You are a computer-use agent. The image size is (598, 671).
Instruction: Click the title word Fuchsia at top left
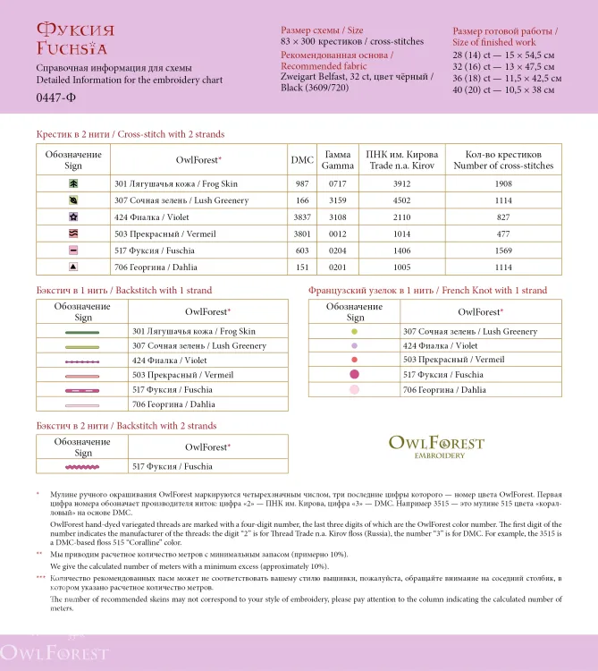tap(72, 48)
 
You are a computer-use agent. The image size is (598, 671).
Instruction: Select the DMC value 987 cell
tap(302, 183)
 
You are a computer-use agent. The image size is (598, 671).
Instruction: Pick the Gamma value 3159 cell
tap(338, 200)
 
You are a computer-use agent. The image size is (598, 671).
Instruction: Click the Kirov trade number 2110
tap(401, 217)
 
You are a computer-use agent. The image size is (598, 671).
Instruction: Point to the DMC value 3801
tap(302, 234)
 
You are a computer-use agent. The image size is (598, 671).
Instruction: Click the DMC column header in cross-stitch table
tap(302, 160)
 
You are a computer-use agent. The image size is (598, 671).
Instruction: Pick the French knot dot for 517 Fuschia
tap(355, 374)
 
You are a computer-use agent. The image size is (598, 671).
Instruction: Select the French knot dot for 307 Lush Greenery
tap(355, 332)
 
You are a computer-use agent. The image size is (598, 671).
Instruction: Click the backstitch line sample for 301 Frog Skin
tap(83, 332)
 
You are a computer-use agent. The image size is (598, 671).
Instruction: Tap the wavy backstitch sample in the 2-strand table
tap(83, 467)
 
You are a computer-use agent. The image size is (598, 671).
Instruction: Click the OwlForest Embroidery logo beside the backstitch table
tap(436, 446)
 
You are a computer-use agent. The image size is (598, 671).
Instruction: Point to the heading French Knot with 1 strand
tap(427, 291)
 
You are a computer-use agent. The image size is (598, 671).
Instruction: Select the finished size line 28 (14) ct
tap(503, 55)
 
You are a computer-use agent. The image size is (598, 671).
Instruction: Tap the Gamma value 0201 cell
tap(338, 267)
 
